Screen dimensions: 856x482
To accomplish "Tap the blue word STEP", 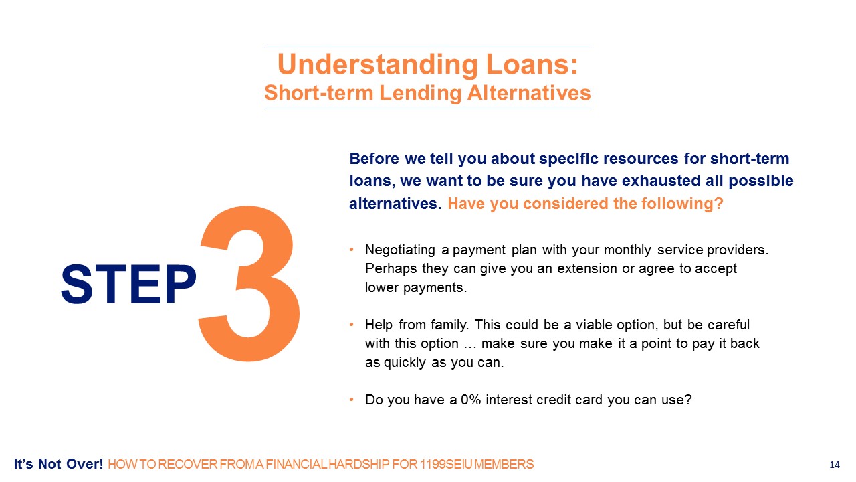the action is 129,285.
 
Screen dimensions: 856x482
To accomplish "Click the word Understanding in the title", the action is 378,65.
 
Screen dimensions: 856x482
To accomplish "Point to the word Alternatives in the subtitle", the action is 529,93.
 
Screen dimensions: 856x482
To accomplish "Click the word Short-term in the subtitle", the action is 319,93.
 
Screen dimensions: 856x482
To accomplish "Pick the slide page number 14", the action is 835,465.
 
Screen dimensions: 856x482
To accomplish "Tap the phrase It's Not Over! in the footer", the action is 58,464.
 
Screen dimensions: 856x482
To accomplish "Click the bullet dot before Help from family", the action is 352,325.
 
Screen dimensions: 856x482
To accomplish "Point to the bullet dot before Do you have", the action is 352,400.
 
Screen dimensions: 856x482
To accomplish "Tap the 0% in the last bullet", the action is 471,400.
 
